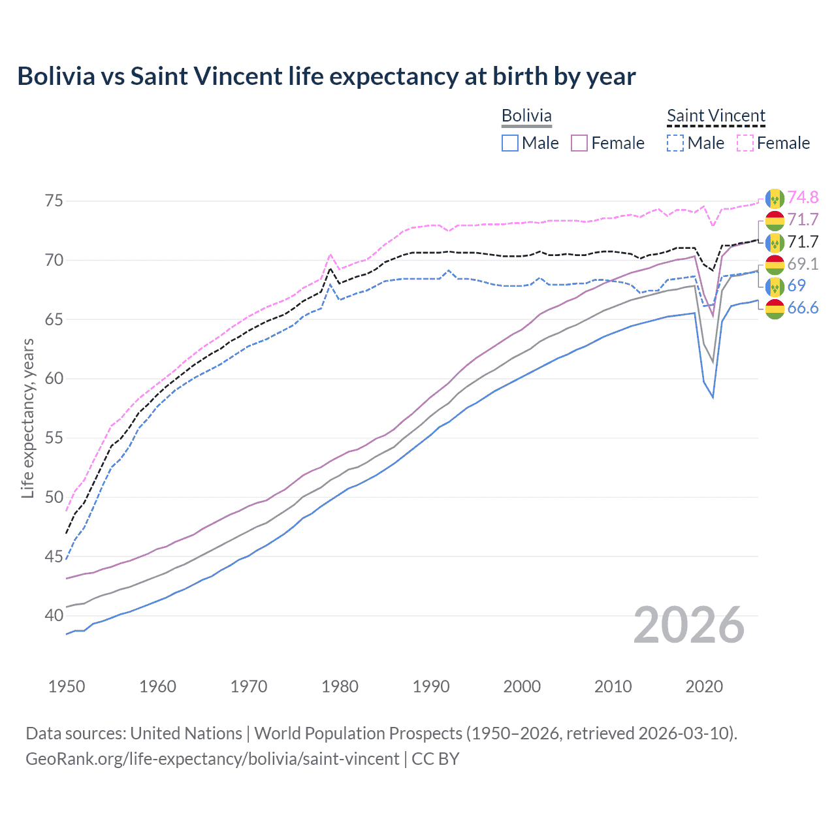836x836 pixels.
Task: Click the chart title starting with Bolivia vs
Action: (x=326, y=76)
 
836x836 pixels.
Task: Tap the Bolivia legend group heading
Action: (x=526, y=116)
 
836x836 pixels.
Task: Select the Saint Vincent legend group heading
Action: (x=716, y=116)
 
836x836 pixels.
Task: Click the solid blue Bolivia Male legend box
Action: (x=510, y=143)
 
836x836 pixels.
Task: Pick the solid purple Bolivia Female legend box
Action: (x=580, y=143)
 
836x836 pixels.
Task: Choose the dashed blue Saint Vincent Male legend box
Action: (x=676, y=143)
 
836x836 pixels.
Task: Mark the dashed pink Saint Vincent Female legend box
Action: (x=745, y=143)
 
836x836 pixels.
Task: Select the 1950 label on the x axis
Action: (x=67, y=686)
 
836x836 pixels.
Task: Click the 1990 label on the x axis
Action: (x=431, y=686)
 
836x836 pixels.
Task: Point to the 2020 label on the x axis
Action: (x=704, y=686)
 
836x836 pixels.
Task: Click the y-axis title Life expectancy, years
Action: (x=28, y=418)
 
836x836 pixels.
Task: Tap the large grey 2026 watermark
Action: (x=688, y=625)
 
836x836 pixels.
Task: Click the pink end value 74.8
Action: (x=803, y=197)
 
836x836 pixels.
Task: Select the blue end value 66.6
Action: (x=803, y=308)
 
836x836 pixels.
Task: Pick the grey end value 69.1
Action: (x=803, y=264)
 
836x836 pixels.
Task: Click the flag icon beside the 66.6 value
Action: (x=775, y=308)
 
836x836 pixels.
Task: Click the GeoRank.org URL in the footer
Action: (x=212, y=759)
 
